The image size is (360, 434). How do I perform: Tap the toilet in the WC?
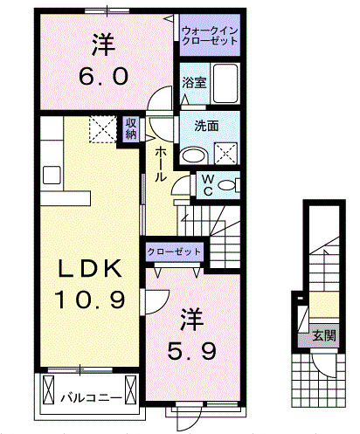[x=228, y=185]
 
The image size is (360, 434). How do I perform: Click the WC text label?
[x=209, y=184]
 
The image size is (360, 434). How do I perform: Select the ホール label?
[x=162, y=163]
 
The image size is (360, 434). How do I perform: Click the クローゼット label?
[x=175, y=251]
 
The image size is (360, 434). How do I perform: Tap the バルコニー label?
[x=90, y=397]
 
